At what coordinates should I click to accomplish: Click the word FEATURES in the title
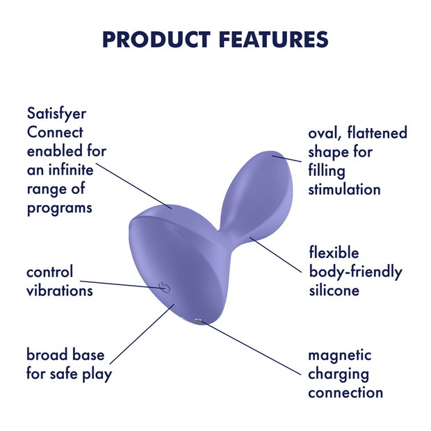click(273, 39)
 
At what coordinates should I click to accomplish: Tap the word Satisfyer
click(57, 114)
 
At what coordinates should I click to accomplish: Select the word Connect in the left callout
click(55, 133)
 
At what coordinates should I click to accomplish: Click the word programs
click(59, 208)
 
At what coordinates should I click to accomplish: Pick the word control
click(49, 272)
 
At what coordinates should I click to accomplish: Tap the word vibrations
click(60, 291)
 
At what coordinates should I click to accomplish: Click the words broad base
click(65, 355)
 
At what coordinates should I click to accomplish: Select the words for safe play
click(69, 374)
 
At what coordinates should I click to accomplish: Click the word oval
click(325, 133)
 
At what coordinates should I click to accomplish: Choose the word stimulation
click(344, 189)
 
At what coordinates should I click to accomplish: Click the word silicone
click(334, 291)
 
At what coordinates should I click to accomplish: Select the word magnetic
click(340, 355)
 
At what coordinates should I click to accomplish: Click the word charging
click(339, 374)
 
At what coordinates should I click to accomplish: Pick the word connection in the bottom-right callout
click(345, 393)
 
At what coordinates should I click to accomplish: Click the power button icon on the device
click(163, 286)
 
